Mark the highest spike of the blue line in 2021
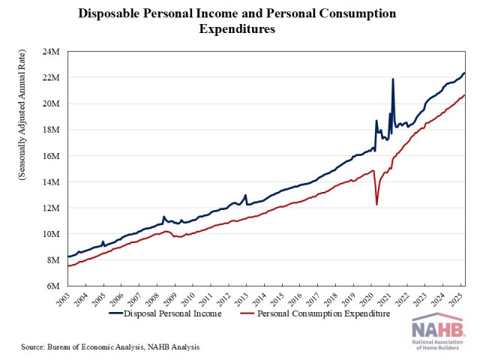[x=393, y=79]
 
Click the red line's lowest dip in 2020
[x=376, y=205]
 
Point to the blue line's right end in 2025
[x=465, y=73]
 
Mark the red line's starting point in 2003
[x=68, y=266]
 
